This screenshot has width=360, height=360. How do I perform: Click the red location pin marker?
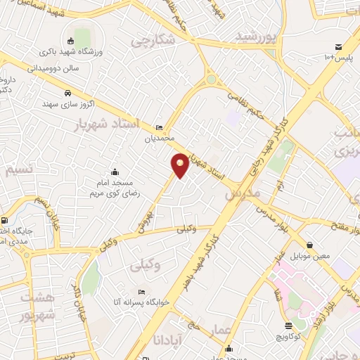pos(180,165)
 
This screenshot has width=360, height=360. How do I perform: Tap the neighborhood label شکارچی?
pos(151,41)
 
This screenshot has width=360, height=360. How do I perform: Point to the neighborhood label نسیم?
pos(18,171)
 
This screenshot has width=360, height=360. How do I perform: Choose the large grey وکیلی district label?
pos(146,266)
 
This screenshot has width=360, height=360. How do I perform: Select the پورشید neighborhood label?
pos(257,36)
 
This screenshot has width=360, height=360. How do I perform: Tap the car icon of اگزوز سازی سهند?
pos(67,94)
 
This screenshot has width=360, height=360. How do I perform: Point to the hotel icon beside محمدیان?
pos(160,127)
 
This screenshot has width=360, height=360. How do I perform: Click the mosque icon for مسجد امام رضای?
pos(115,171)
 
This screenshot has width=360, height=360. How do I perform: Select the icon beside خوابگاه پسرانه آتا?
pos(143,292)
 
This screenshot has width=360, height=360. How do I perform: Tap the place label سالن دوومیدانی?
pos(52,69)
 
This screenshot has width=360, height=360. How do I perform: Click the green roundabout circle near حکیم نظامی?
pos(211,80)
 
